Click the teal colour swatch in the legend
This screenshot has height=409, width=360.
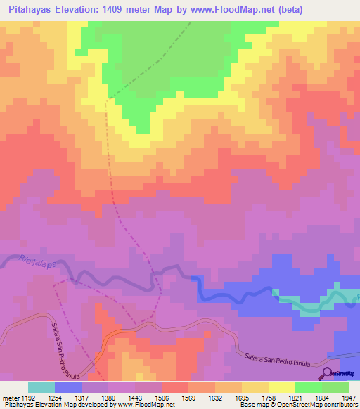[x=41, y=387]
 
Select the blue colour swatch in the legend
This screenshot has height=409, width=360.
[x=67, y=387]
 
